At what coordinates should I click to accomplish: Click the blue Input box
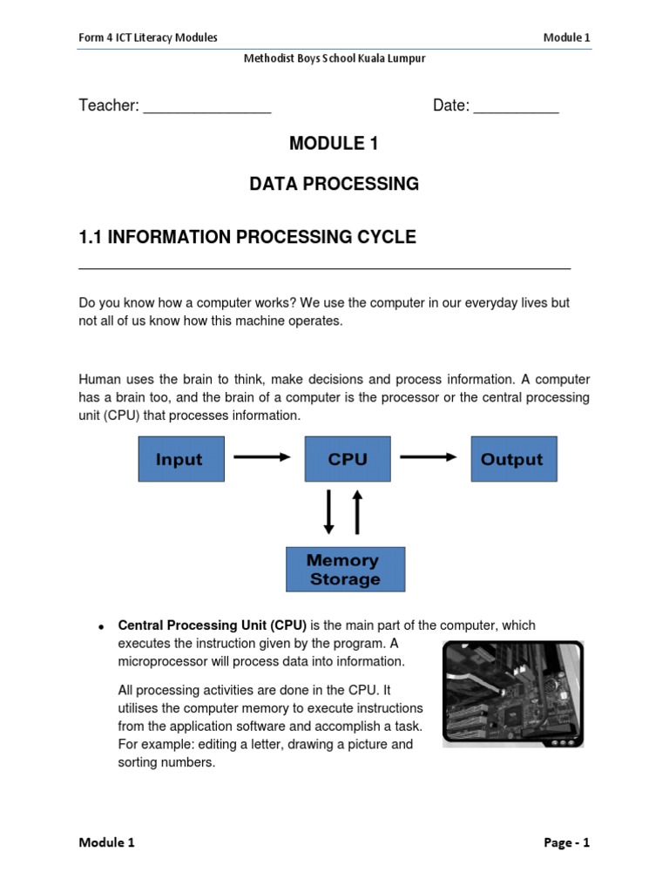181,459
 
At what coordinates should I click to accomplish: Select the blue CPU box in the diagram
348,459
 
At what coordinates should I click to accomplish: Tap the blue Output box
513,459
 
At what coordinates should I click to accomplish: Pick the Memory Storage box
345,570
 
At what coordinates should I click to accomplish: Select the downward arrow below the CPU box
329,511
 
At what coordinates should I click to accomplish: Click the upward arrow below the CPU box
356,511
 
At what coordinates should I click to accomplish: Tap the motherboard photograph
512,693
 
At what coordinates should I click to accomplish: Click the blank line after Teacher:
207,107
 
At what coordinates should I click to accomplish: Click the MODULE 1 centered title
334,144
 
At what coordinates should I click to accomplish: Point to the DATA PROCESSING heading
334,184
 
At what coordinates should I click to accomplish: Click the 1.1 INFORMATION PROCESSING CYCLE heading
247,237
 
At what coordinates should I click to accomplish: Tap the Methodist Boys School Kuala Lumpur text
334,58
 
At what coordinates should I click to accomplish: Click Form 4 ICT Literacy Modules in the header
148,37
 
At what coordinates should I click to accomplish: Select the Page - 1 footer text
566,842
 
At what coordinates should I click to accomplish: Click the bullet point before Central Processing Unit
102,627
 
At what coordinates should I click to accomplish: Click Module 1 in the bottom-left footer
107,842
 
